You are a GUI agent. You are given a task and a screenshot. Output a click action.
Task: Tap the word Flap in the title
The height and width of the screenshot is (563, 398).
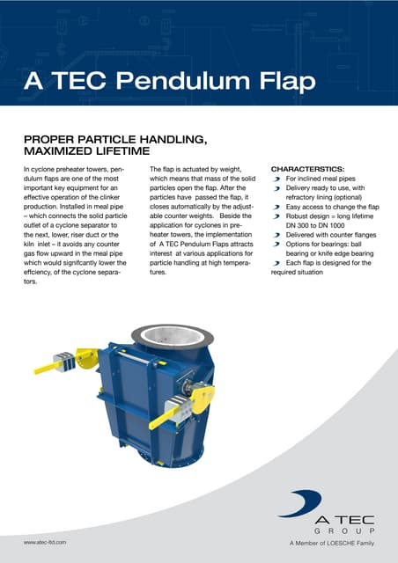(x=284, y=83)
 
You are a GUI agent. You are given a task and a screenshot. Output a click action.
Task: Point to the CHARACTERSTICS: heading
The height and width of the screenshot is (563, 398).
(x=308, y=167)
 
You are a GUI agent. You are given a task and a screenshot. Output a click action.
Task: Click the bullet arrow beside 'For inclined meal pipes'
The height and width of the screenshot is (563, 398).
(x=277, y=178)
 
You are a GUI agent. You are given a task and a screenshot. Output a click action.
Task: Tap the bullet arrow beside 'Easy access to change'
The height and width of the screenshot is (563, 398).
(x=277, y=206)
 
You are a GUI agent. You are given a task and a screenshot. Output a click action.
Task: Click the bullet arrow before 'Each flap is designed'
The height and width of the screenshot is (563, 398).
(x=277, y=263)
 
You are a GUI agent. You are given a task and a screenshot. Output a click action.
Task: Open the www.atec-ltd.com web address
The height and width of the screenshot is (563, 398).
(x=47, y=545)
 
